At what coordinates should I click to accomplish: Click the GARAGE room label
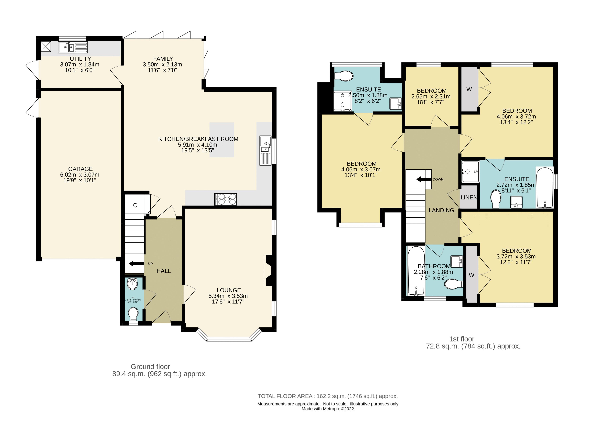pyautogui.click(x=80, y=169)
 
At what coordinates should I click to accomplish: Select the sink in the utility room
pyautogui.click(x=73, y=47)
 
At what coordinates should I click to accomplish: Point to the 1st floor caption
pyautogui.click(x=462, y=339)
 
